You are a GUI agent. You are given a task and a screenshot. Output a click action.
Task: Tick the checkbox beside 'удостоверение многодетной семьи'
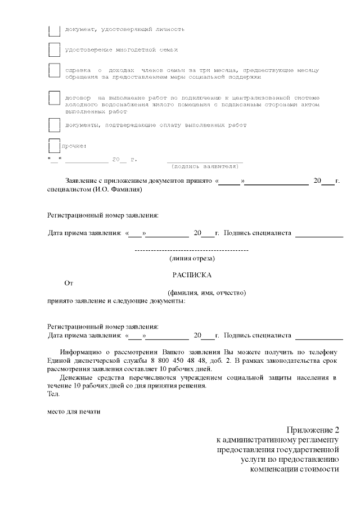(x=55, y=50)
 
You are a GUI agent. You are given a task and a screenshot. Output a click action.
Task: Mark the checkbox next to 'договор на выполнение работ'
(x=55, y=98)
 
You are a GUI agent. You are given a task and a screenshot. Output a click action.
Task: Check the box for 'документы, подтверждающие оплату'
(x=55, y=125)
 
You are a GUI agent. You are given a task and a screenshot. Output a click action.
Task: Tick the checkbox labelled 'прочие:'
(x=55, y=146)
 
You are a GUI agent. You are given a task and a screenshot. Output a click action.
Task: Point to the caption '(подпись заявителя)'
(x=205, y=167)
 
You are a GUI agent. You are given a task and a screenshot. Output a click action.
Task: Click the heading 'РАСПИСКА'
(x=192, y=276)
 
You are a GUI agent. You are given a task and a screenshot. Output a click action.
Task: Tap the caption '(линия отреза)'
(x=192, y=259)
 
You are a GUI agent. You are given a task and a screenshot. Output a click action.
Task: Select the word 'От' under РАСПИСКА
(x=69, y=284)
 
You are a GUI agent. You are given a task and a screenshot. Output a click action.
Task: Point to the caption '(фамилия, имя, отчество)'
(x=207, y=293)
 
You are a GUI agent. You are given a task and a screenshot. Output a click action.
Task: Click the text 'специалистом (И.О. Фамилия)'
(x=94, y=190)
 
